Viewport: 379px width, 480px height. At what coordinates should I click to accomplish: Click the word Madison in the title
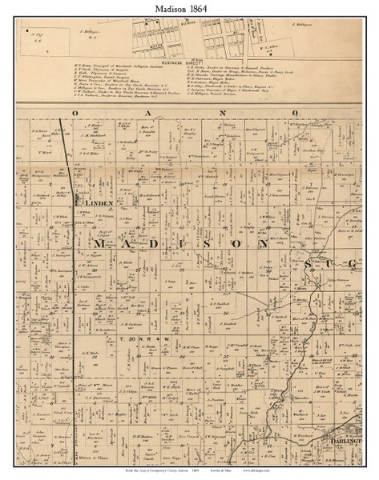point(170,8)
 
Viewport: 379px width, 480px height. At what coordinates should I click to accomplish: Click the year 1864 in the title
point(210,8)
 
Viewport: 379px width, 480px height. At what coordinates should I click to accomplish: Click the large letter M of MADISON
point(103,243)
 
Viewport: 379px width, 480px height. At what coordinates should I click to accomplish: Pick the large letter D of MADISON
point(170,243)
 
